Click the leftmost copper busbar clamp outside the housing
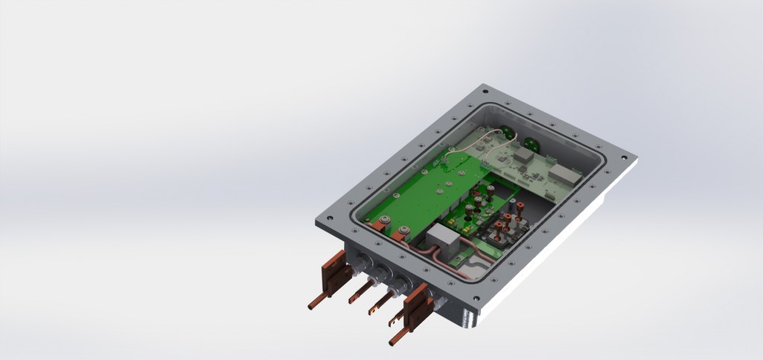coord(333,272)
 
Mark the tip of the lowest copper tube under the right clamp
coord(392,342)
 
